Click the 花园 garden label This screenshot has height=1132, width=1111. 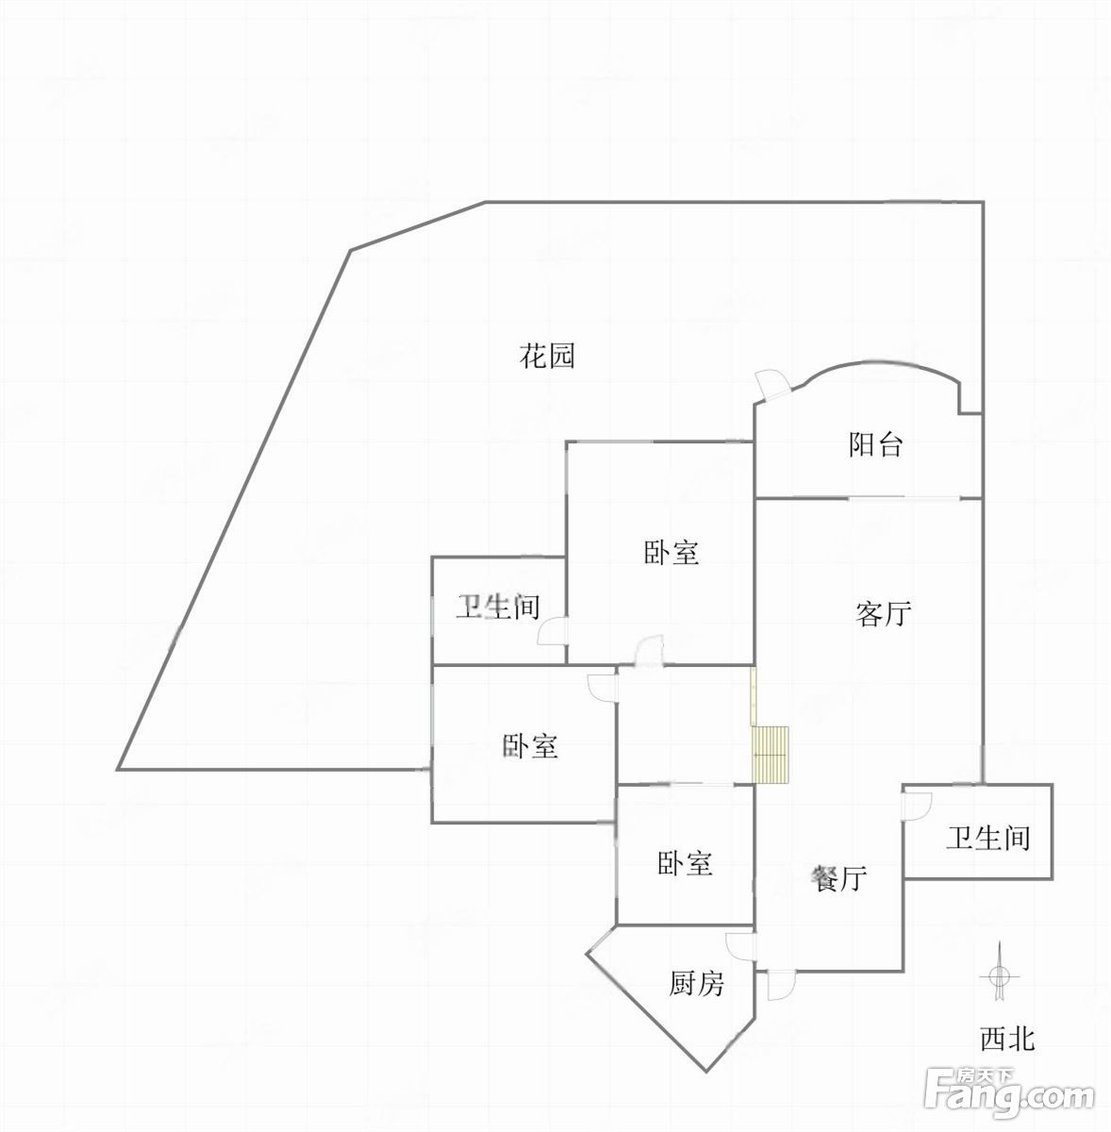(x=546, y=357)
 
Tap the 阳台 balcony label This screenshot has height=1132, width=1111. (x=875, y=444)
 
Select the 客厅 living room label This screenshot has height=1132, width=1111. (x=883, y=614)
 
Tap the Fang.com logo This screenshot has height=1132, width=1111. (x=1009, y=1095)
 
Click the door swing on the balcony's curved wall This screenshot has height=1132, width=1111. (x=772, y=385)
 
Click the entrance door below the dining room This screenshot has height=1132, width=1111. (x=781, y=985)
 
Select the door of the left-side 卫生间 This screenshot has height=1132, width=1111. (x=553, y=632)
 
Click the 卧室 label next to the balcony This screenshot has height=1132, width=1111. (x=671, y=553)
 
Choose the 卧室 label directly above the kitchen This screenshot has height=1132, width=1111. (x=685, y=864)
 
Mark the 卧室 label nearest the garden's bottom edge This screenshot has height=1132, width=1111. (x=530, y=746)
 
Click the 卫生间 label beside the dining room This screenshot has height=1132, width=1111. (x=988, y=838)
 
